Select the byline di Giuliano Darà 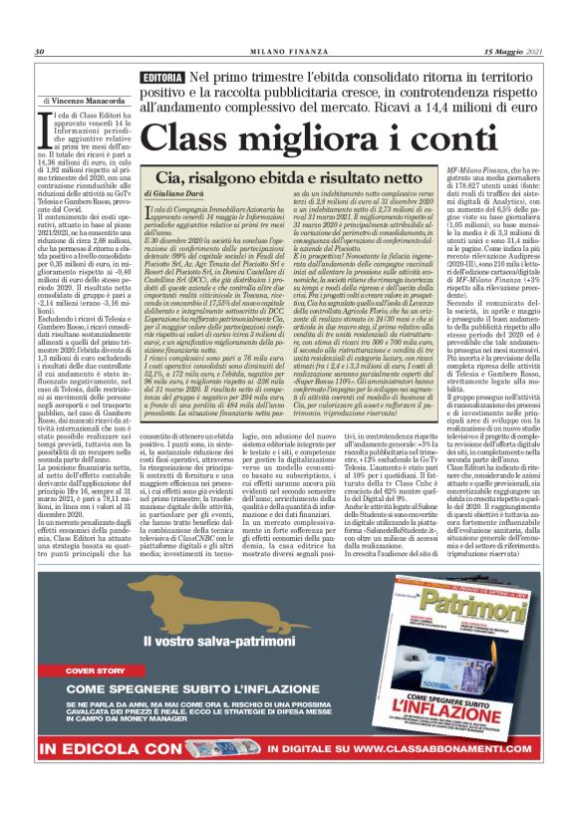[x=177, y=191]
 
